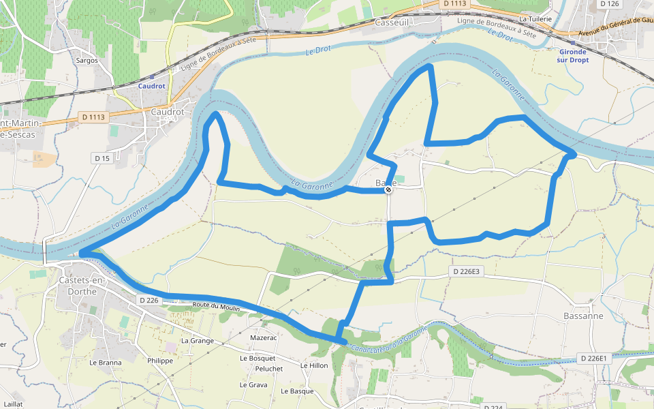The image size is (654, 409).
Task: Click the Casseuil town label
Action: click(392, 22)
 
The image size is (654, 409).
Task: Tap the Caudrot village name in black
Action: click(168, 112)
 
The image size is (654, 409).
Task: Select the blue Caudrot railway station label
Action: click(151, 87)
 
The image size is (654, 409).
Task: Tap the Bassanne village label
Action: click(584, 316)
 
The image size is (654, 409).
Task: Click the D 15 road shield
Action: click(102, 158)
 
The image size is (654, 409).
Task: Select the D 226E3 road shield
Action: click(467, 271)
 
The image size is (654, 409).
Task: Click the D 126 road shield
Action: click(609, 4)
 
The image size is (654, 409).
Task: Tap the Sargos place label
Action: click(87, 60)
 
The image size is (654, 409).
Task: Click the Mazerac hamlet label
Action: click(264, 337)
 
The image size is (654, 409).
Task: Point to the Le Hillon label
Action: click(314, 365)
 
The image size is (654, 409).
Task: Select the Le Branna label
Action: click(106, 363)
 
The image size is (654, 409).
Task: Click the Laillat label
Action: click(13, 404)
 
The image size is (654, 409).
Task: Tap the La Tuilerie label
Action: click(535, 19)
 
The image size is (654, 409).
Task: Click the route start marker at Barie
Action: click(388, 190)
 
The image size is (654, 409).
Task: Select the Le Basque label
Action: click(297, 391)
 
